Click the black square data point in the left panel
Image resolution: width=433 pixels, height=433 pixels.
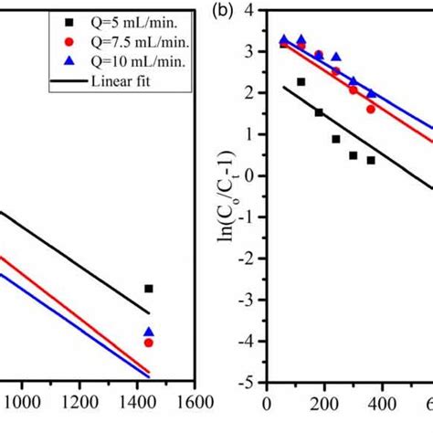(x=149, y=289)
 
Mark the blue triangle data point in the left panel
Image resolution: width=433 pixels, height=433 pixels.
(x=149, y=333)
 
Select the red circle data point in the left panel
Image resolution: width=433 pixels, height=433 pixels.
(x=149, y=343)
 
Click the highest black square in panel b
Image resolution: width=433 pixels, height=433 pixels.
(x=301, y=82)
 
